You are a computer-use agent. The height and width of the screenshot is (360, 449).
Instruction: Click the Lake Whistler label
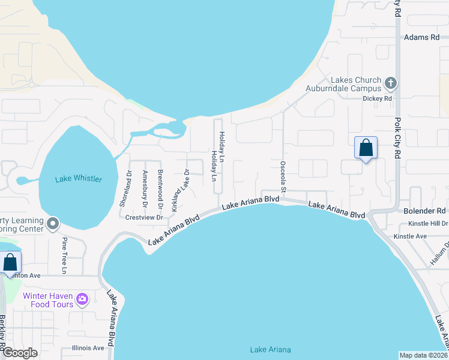pos(78,179)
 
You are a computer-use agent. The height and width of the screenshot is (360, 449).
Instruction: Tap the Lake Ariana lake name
pos(270,350)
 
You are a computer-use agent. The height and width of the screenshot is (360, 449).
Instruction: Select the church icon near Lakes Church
pos(390,82)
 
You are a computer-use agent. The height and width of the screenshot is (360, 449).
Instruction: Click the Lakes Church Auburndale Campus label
pos(356,85)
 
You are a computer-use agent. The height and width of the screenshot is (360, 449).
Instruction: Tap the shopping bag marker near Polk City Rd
pos(366,148)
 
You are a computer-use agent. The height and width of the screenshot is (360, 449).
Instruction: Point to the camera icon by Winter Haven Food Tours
pos(82,298)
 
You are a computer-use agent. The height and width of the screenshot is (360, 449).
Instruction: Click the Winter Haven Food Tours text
pos(48,300)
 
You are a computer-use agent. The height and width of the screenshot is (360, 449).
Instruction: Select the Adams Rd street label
pos(422,37)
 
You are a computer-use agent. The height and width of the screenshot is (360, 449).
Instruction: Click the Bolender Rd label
pos(424,211)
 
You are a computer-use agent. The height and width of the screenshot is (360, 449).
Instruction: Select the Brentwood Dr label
pos(160,185)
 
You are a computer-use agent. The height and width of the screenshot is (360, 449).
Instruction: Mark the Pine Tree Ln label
pos(64,255)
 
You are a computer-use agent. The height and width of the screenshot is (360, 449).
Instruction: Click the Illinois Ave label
pos(88,348)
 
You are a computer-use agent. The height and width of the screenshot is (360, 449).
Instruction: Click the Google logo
pos(19,353)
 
